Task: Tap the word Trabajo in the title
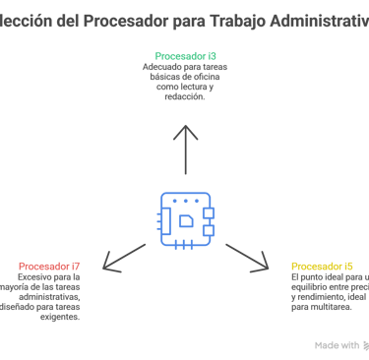[228, 19]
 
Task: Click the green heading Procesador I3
[186, 57]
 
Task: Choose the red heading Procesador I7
[49, 267]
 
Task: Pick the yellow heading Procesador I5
[322, 267]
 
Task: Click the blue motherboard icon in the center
[185, 217]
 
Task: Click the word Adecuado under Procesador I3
[159, 68]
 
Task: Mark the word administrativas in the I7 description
[48, 297]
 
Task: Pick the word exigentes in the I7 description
[59, 317]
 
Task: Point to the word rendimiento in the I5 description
[320, 297]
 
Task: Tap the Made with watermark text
[336, 345]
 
